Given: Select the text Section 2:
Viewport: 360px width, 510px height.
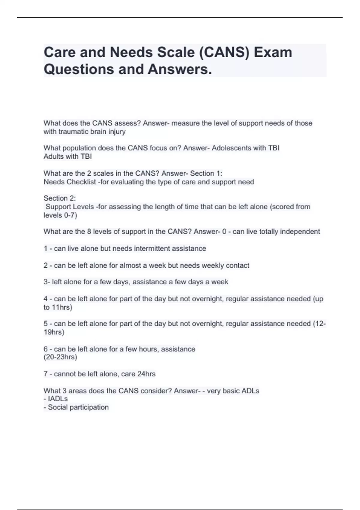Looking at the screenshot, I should pos(60,198).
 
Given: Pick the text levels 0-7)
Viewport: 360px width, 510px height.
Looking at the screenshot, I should pos(60,215).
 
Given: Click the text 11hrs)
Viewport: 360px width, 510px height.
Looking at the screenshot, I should pos(62,307).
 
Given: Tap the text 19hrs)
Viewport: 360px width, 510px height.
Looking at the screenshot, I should pos(54,332).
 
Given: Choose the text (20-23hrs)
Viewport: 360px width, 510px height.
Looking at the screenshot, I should pos(60,357).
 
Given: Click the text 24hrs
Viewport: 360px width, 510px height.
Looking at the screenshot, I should pos(146,374).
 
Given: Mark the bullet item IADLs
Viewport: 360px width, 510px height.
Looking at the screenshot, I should pos(58,399).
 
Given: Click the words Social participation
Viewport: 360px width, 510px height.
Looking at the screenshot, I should pos(78,407).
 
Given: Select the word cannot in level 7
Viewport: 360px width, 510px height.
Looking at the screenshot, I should pos(64,374).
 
